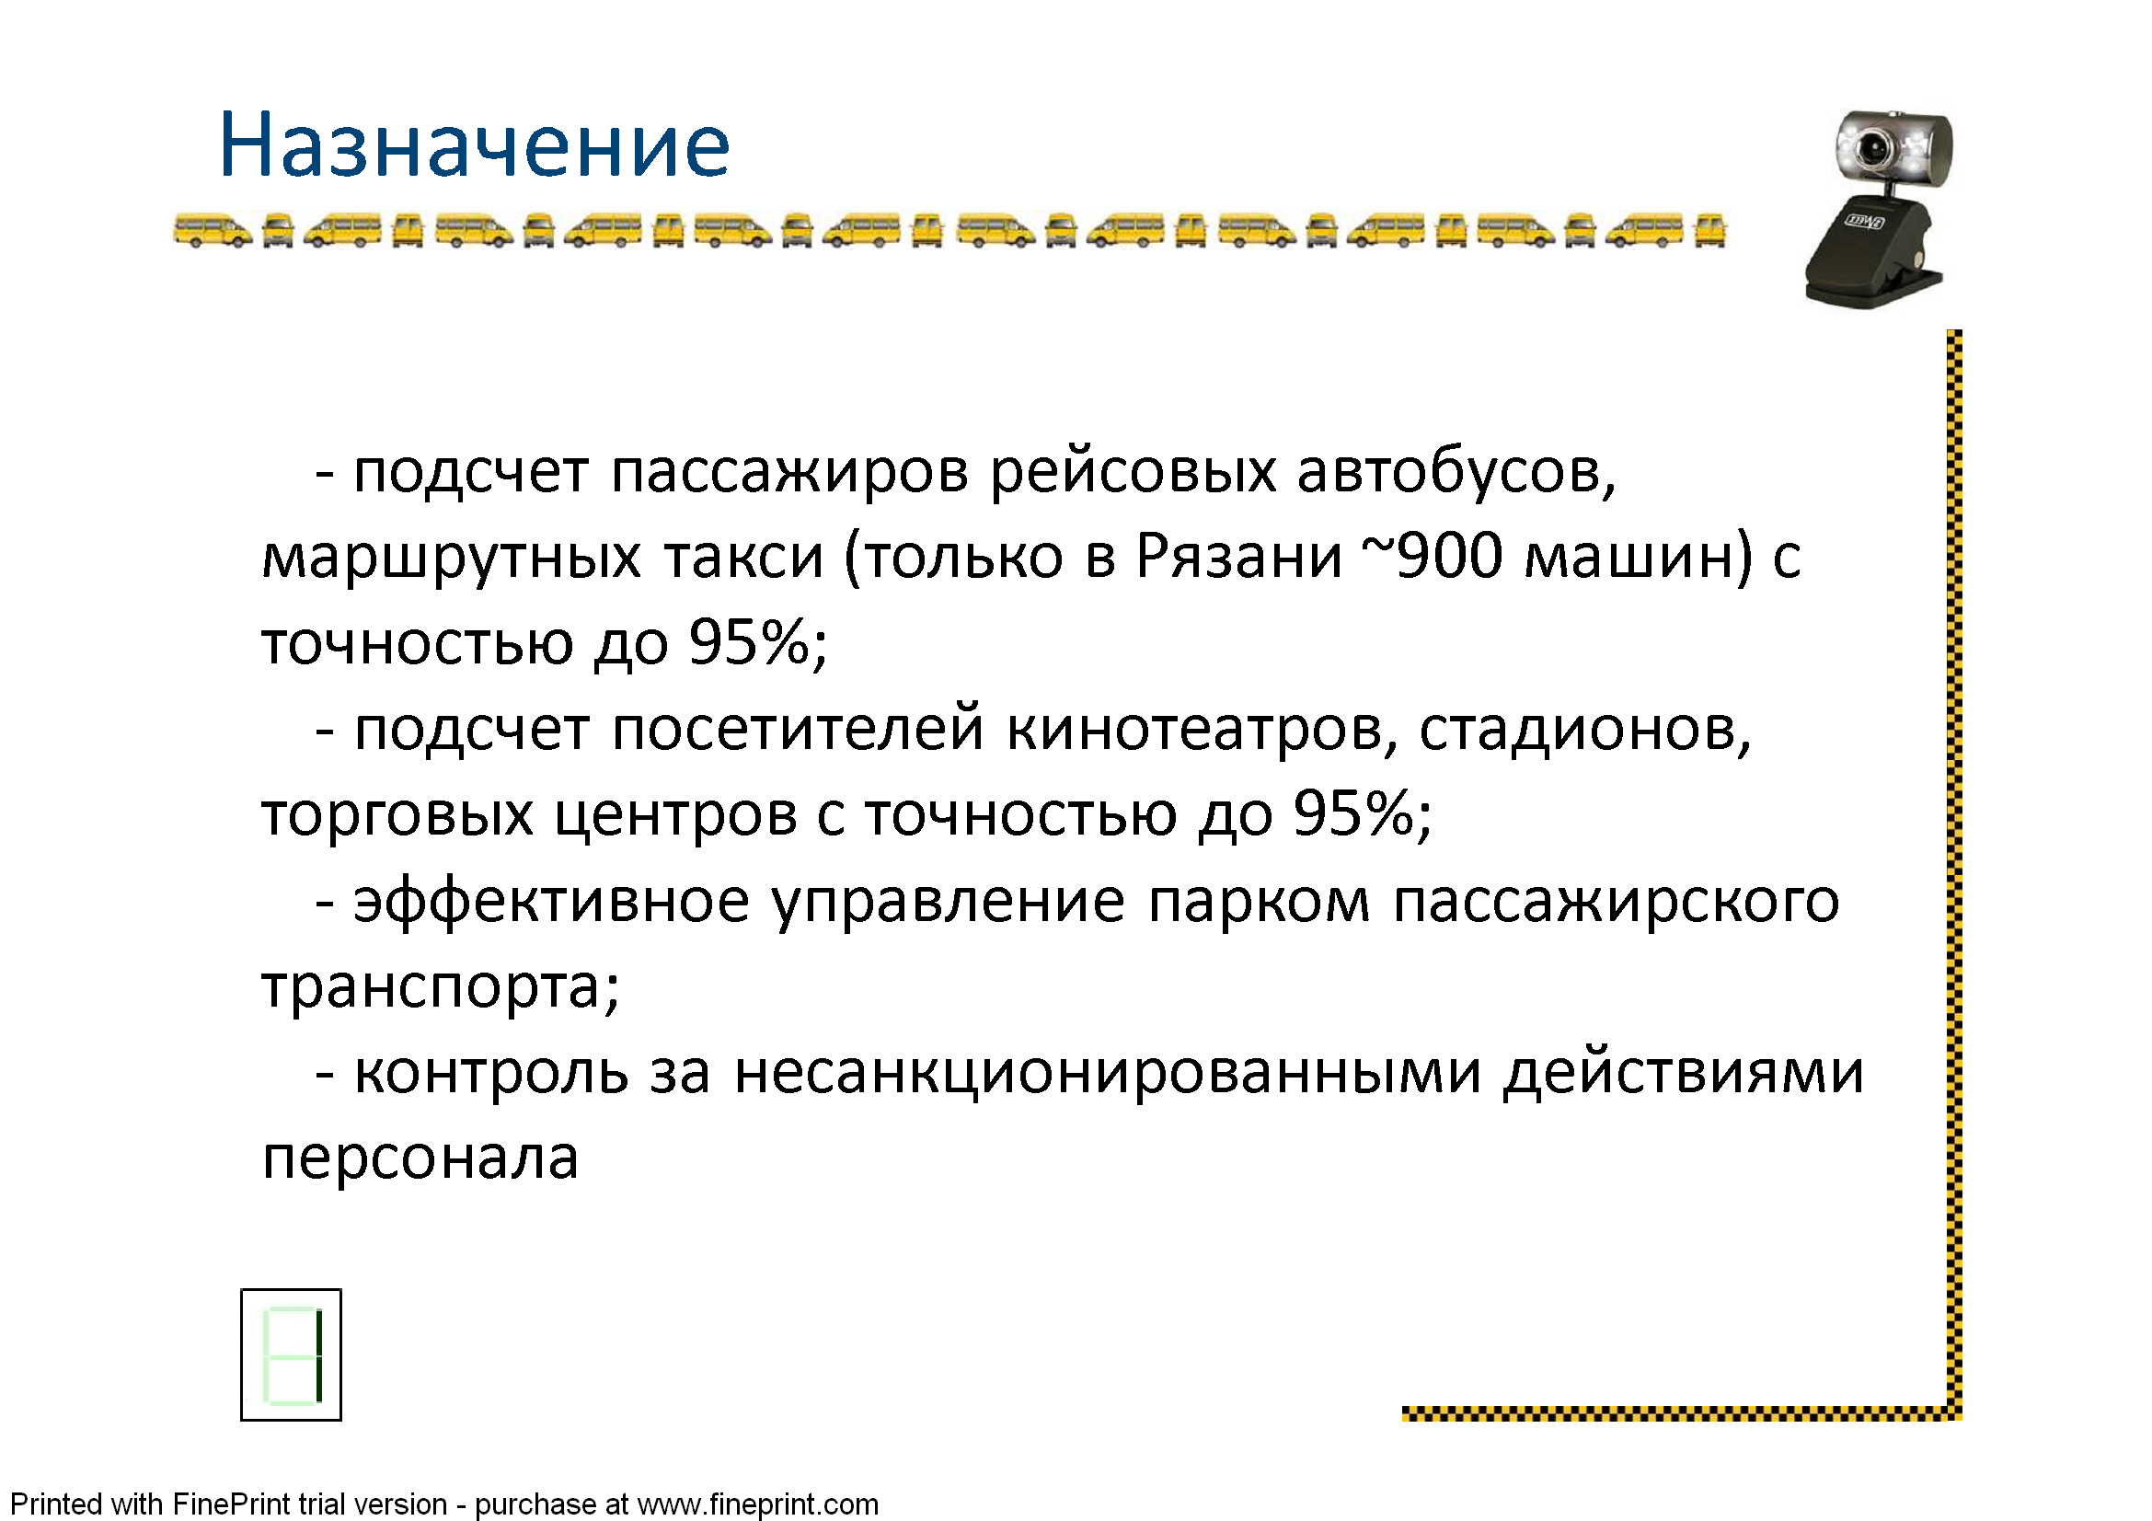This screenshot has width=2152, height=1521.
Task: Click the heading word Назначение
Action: [x=474, y=145]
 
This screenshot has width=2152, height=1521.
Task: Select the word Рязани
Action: [x=1239, y=557]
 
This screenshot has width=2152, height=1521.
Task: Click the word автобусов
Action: [x=1457, y=471]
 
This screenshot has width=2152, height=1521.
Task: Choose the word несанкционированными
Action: [x=1108, y=1073]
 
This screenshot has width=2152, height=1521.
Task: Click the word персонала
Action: [x=420, y=1159]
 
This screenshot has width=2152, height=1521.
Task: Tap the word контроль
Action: [x=491, y=1073]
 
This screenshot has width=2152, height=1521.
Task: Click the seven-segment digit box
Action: [x=291, y=1355]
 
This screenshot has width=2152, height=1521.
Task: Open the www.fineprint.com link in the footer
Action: [x=757, y=1504]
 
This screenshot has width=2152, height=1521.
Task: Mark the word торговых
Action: [x=397, y=816]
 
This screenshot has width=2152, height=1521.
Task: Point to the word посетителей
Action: [x=798, y=728]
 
